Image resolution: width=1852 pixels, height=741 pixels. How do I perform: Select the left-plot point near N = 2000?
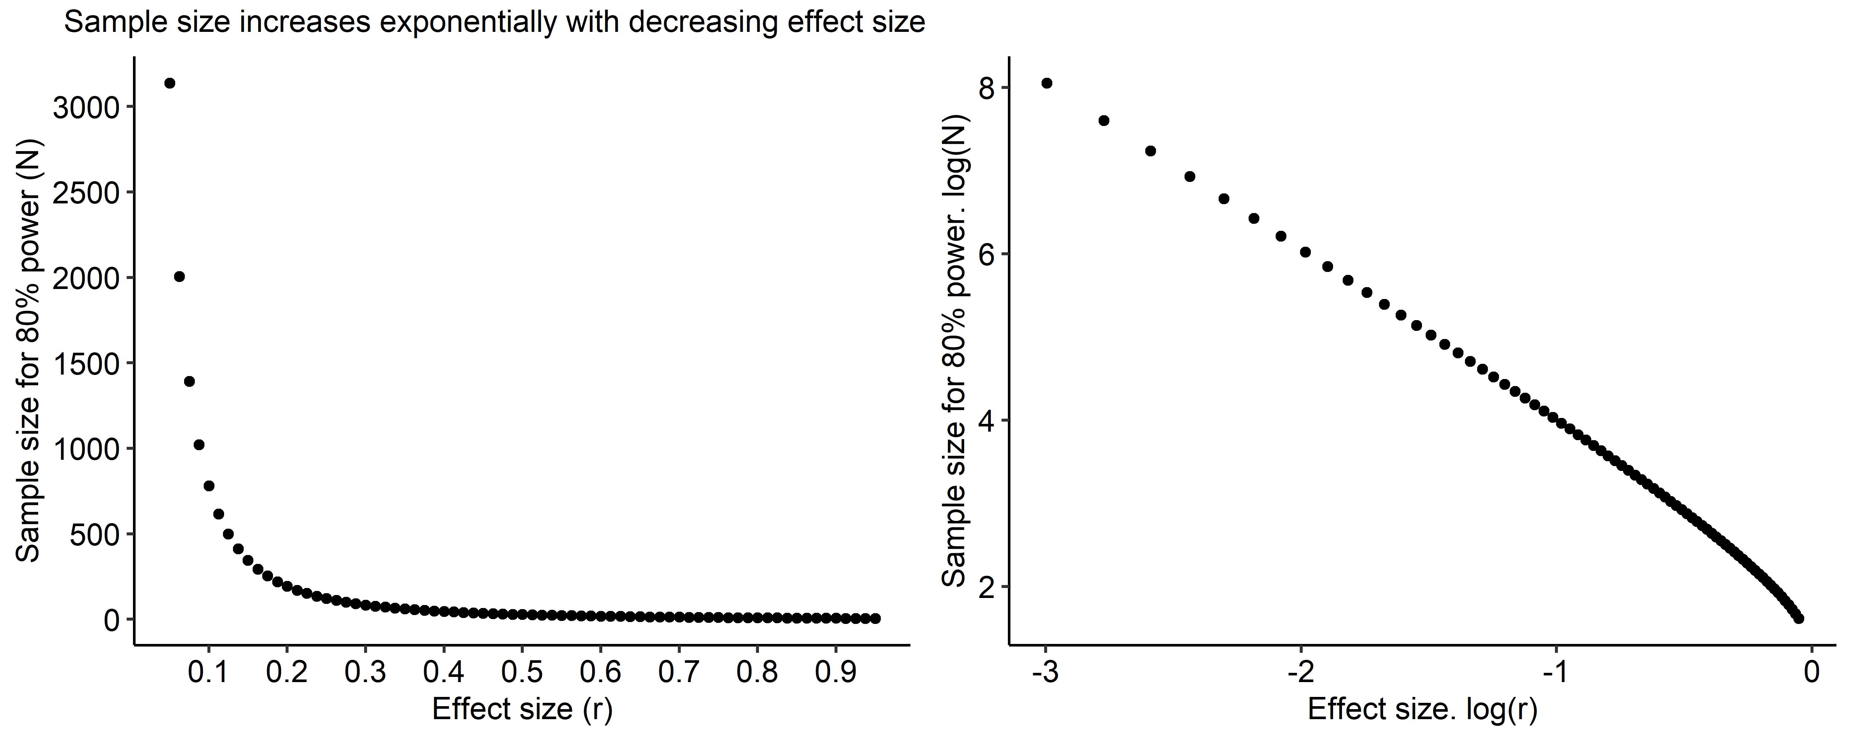tap(180, 276)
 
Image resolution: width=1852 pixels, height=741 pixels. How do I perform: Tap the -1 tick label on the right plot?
tap(1555, 672)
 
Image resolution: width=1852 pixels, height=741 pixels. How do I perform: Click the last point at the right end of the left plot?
tap(875, 618)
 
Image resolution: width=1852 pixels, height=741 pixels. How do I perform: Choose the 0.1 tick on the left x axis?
tap(209, 672)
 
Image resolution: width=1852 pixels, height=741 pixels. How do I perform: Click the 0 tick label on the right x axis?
tap(1812, 672)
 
